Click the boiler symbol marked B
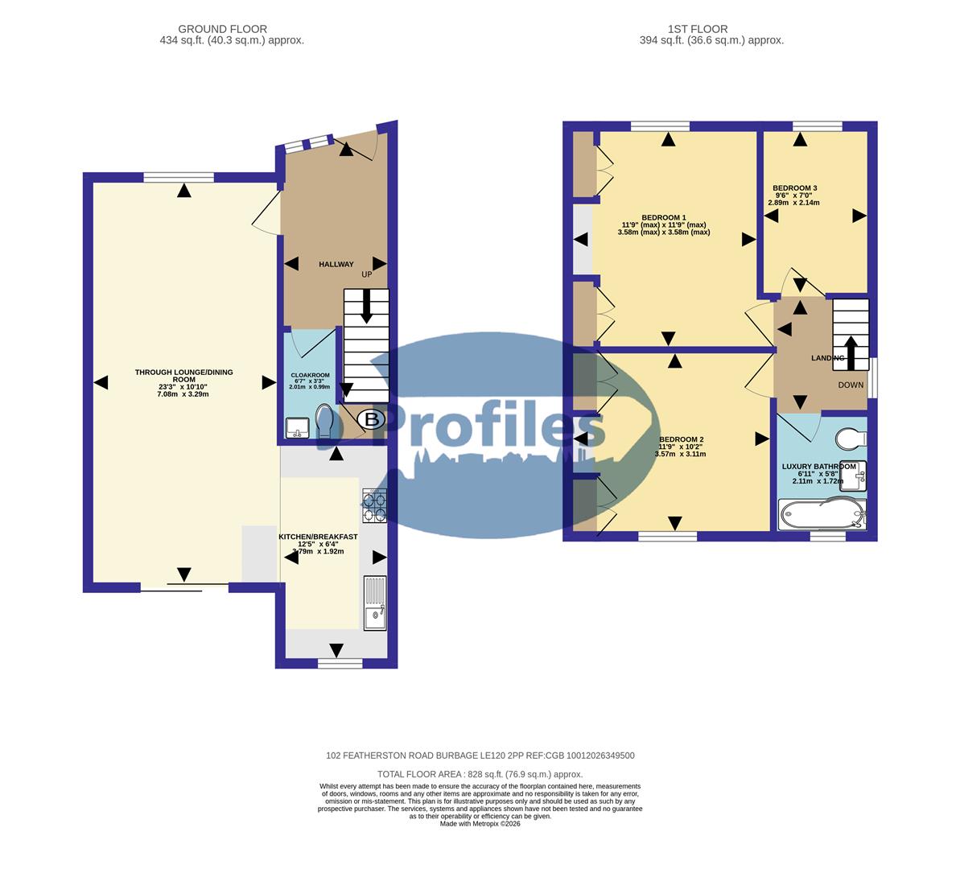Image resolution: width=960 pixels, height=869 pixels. click(x=371, y=419)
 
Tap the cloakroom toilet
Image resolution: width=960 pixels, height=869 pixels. click(x=325, y=422)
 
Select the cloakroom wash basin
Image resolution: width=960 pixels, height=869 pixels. click(x=297, y=427)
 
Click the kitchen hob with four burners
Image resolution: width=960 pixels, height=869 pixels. click(x=374, y=505)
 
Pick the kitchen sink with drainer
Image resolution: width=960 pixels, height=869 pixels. click(x=375, y=603)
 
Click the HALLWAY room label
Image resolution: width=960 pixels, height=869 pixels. click(x=336, y=264)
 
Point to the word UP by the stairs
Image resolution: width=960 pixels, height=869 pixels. click(x=367, y=274)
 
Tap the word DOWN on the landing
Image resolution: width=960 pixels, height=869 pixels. click(x=851, y=385)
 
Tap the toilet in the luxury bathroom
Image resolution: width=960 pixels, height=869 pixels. click(x=850, y=438)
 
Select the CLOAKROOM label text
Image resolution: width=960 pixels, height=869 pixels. click(x=310, y=375)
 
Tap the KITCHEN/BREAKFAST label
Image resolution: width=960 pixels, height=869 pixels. click(x=318, y=537)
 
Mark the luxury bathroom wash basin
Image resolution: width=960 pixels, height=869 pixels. click(x=859, y=474)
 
